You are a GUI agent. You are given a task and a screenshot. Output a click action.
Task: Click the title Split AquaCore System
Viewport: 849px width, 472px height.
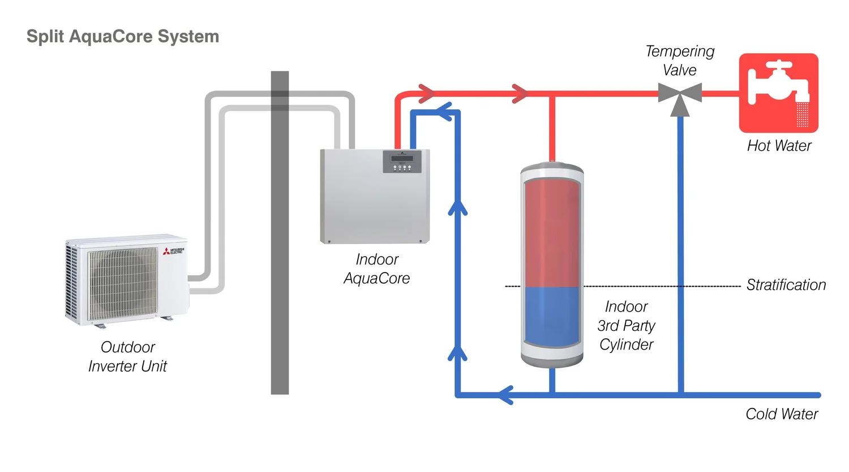[123, 36]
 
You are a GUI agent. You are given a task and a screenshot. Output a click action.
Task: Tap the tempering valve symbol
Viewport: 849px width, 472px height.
[680, 93]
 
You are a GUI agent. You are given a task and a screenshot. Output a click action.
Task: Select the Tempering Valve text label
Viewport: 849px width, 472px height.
[680, 61]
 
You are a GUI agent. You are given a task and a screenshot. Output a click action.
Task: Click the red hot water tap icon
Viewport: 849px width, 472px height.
[779, 93]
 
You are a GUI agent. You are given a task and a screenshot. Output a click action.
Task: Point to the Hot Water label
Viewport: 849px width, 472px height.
[779, 146]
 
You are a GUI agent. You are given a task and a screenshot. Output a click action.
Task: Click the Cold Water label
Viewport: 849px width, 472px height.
[782, 414]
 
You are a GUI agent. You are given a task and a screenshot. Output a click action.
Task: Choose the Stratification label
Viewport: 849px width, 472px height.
[786, 285]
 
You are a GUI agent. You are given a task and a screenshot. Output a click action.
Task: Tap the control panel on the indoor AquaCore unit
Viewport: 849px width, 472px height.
[402, 161]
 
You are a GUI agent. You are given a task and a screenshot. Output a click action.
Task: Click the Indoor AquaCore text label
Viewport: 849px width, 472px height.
[377, 269]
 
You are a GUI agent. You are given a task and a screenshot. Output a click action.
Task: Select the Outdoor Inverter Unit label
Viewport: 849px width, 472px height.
[127, 356]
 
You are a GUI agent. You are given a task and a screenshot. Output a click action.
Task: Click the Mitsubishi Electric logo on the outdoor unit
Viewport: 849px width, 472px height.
[174, 251]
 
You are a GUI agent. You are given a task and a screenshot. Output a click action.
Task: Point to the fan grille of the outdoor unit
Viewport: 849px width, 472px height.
[123, 283]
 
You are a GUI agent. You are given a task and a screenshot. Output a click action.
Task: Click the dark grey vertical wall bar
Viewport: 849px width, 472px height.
[280, 232]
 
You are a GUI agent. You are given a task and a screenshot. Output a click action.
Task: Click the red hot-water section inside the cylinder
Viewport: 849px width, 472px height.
[552, 232]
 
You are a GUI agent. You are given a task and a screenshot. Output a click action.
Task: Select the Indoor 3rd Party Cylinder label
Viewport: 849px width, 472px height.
[626, 326]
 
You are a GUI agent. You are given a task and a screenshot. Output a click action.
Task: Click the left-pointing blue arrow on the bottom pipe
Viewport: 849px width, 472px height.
[505, 394]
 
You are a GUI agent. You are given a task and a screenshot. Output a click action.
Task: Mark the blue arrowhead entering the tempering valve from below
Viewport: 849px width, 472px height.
[680, 108]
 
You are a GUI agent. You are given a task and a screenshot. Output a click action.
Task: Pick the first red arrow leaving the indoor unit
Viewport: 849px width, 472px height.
[426, 93]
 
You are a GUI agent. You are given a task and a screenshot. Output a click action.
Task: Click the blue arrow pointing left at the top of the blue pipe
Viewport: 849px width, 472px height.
[445, 112]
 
